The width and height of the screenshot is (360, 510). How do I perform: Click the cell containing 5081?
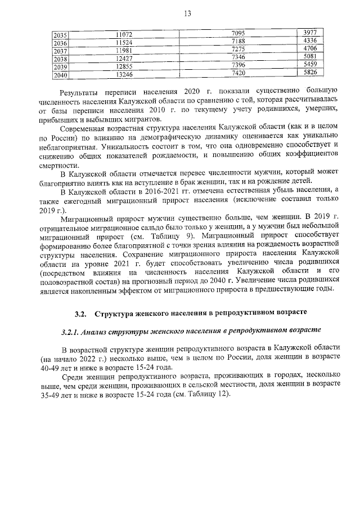click(x=310, y=58)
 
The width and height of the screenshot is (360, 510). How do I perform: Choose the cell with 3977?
click(x=310, y=34)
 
